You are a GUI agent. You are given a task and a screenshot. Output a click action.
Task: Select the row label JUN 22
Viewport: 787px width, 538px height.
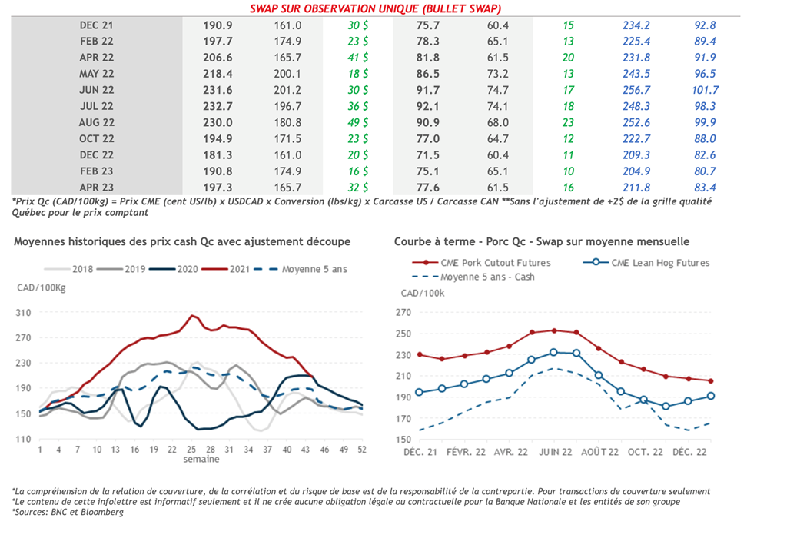point(97,90)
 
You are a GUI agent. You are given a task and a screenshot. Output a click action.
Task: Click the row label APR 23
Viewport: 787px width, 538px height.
point(97,187)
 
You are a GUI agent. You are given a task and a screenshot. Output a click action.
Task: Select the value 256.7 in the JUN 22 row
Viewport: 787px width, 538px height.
point(637,90)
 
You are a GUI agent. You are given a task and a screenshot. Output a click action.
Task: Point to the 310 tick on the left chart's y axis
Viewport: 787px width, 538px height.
point(25,313)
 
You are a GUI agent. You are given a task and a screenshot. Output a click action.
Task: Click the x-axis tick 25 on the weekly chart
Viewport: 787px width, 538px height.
point(192,449)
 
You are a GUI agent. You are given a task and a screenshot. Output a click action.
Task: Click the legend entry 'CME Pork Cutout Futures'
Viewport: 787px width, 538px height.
point(492,263)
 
